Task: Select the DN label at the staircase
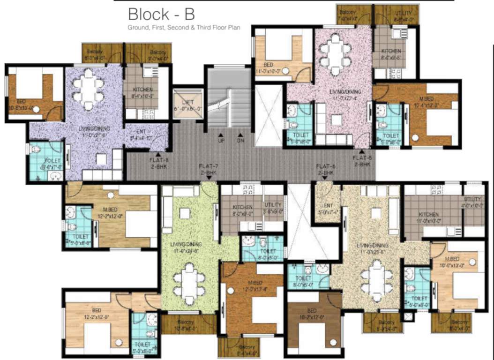point(240,140)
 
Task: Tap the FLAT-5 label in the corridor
point(362,161)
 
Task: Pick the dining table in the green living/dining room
point(189,282)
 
